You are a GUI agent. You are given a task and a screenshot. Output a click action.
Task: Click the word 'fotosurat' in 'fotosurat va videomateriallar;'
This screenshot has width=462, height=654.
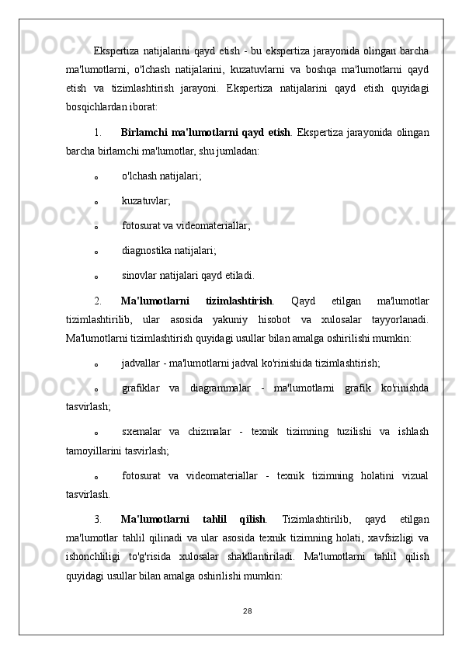pyautogui.click(x=141, y=225)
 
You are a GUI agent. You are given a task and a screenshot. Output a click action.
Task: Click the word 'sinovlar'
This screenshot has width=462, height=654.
pyautogui.click(x=140, y=275)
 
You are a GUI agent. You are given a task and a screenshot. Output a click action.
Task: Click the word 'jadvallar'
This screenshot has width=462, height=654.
pyautogui.click(x=143, y=360)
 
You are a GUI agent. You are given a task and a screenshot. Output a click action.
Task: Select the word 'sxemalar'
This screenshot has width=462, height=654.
pyautogui.click(x=141, y=432)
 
